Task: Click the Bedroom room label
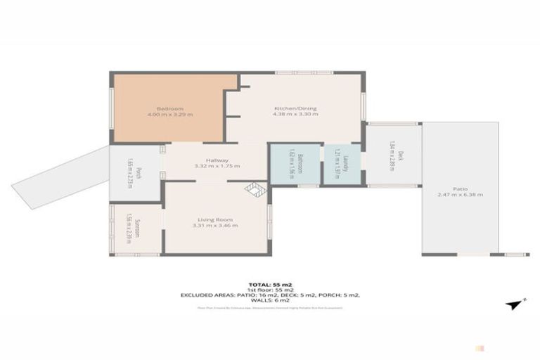click(170, 108)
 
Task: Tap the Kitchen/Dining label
click(295, 108)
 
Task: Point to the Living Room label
click(217, 219)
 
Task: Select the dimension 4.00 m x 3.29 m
click(170, 115)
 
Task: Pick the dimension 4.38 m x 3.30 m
click(295, 115)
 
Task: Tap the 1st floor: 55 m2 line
click(270, 289)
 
